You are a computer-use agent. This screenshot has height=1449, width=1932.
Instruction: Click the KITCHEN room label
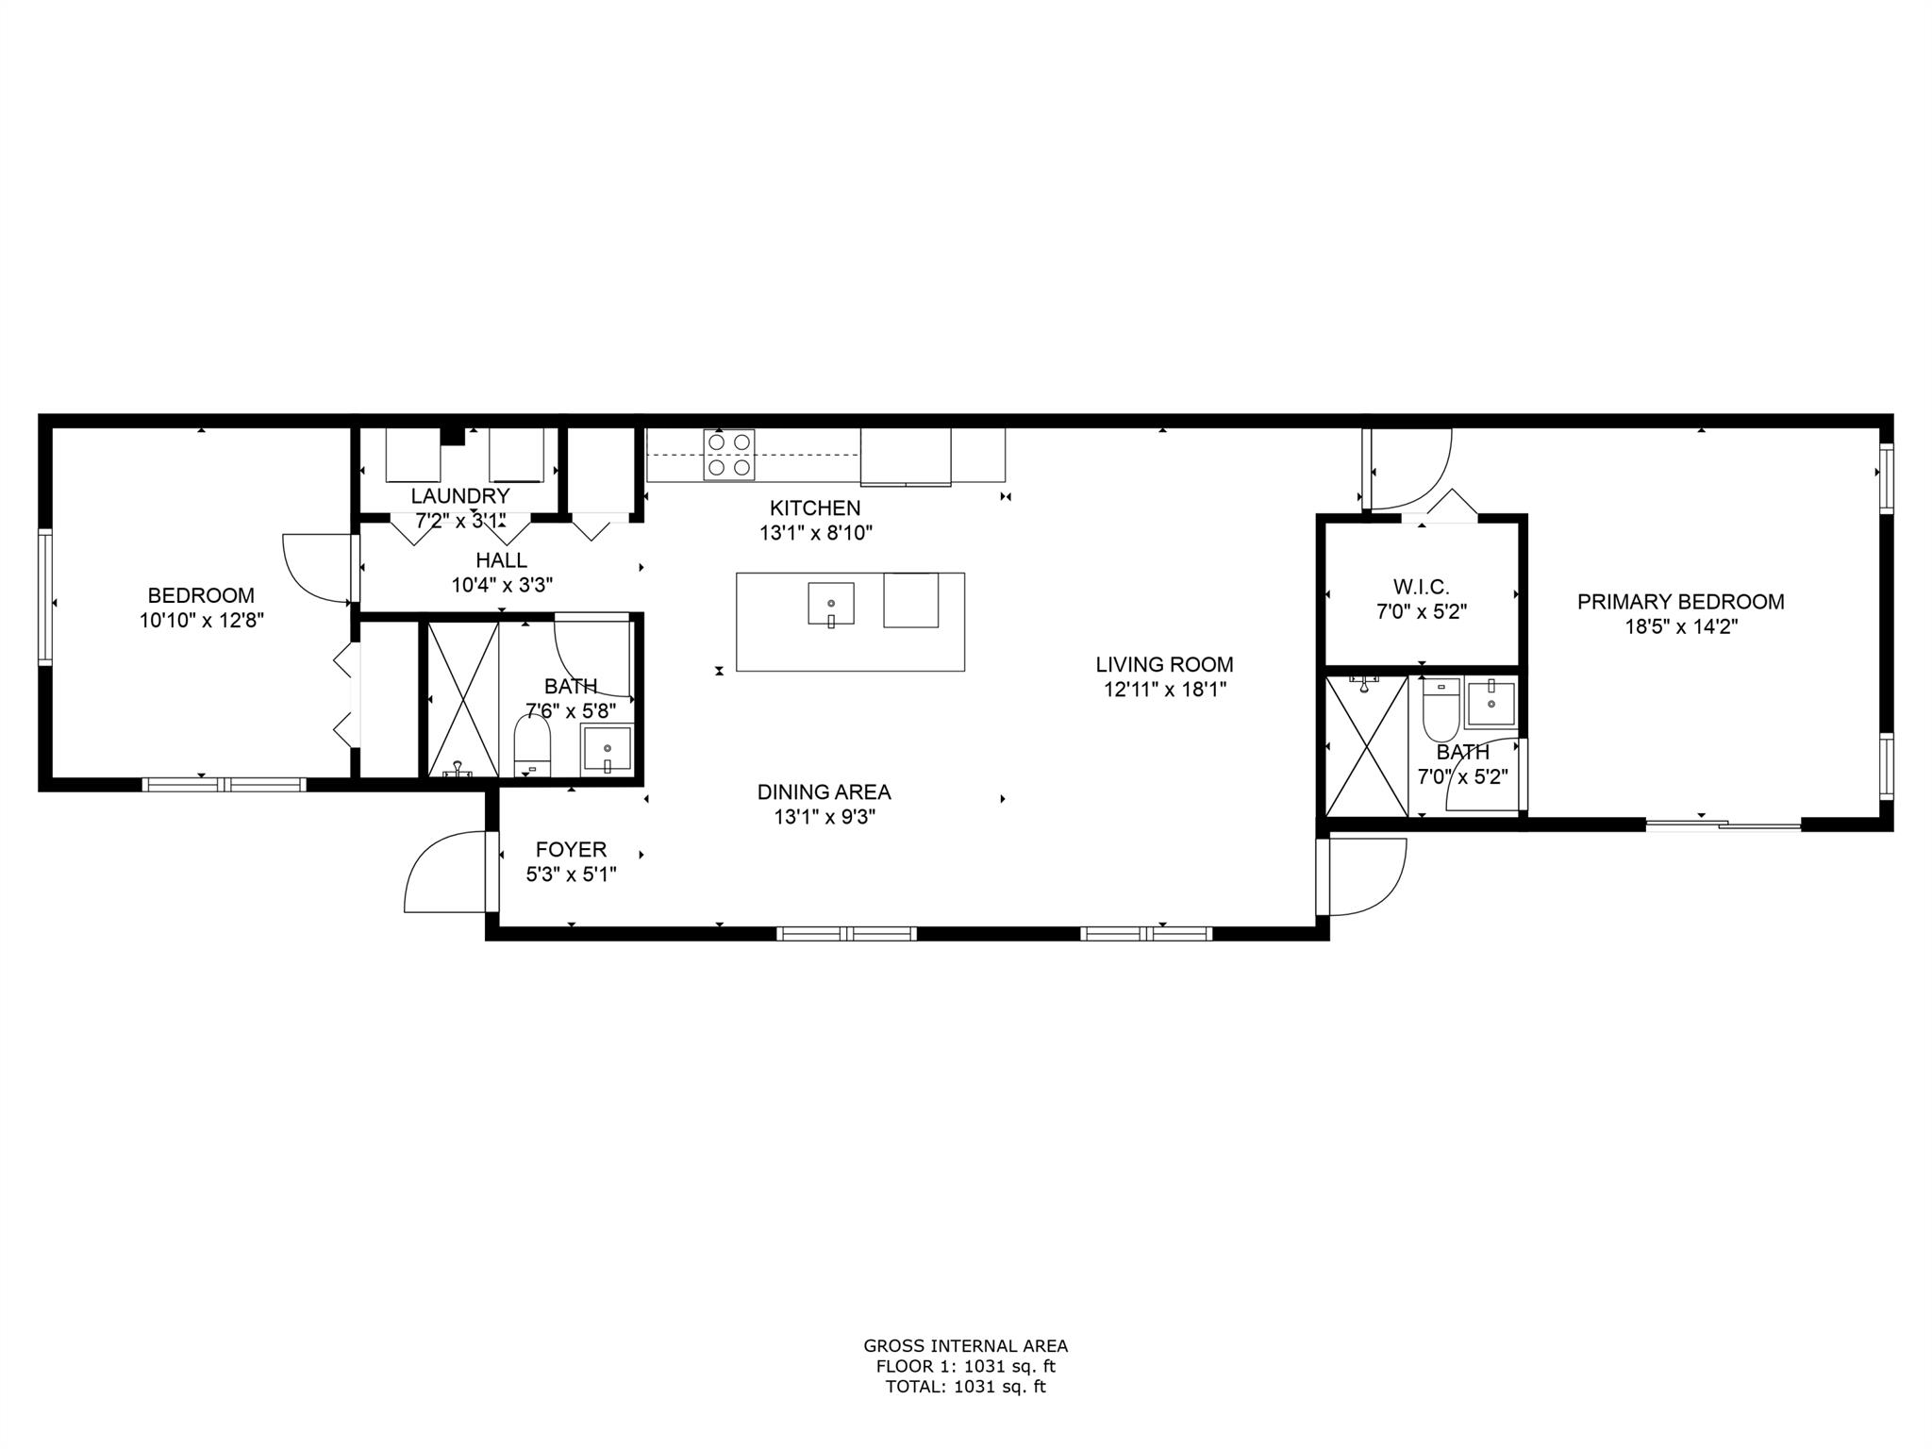click(x=815, y=508)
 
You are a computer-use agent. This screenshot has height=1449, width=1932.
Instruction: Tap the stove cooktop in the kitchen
click(x=728, y=454)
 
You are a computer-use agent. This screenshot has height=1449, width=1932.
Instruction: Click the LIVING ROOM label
click(x=1164, y=664)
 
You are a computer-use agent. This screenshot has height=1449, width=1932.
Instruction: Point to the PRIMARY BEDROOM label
click(x=1681, y=602)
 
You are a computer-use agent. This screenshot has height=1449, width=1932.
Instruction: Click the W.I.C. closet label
click(x=1422, y=587)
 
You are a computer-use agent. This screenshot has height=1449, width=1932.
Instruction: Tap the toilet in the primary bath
click(x=1441, y=709)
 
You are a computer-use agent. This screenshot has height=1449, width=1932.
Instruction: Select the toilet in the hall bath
click(x=532, y=746)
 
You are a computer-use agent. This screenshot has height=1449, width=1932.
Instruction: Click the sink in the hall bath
click(x=608, y=750)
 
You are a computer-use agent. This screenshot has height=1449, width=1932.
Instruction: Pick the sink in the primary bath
click(x=1491, y=704)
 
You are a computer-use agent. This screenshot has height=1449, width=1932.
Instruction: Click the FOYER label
click(x=571, y=849)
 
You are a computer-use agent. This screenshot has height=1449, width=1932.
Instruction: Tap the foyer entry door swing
click(x=443, y=872)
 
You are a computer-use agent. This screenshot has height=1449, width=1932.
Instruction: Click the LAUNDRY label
click(x=460, y=496)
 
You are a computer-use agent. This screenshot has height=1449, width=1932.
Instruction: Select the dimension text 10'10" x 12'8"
click(x=201, y=621)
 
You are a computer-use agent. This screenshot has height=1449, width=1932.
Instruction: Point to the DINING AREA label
click(x=824, y=792)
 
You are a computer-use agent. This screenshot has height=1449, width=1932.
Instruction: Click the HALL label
click(x=502, y=560)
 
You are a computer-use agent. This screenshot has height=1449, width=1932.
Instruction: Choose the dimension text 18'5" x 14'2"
click(x=1681, y=626)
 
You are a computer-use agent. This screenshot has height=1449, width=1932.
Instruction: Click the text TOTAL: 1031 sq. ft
click(x=966, y=1387)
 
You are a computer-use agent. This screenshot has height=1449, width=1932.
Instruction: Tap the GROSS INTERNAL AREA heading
click(x=966, y=1346)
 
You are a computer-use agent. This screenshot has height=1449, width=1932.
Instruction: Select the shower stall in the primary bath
click(x=1367, y=746)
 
